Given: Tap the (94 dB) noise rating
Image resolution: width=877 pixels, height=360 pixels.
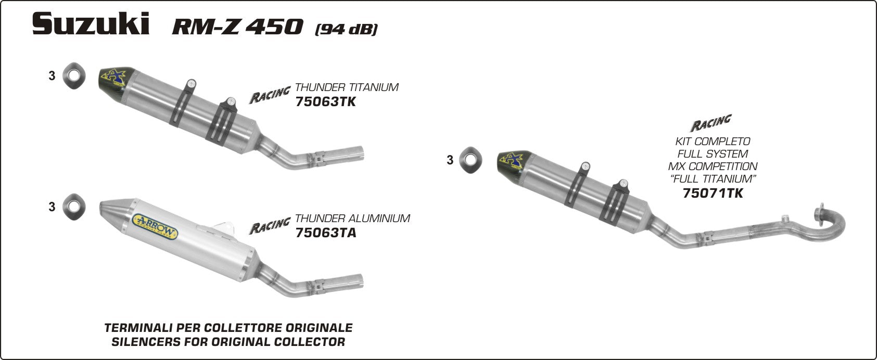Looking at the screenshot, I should [346, 29].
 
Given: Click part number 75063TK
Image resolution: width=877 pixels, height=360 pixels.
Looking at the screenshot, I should [325, 101].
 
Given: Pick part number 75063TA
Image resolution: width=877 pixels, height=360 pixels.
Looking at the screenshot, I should [325, 233].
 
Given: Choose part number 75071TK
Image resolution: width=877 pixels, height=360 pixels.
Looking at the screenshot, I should [712, 194].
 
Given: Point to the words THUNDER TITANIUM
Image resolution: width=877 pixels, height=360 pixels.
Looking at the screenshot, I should [347, 87].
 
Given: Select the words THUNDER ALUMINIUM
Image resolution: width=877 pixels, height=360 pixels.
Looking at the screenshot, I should [352, 218].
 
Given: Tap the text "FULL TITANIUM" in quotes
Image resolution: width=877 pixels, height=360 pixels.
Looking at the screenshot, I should [712, 179].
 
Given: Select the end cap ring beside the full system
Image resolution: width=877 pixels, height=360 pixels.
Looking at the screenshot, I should [472, 159].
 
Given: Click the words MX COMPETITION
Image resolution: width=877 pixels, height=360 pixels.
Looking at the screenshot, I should [713, 166].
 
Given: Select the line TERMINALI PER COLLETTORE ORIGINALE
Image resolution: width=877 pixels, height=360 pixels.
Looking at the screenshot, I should [228, 328].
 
